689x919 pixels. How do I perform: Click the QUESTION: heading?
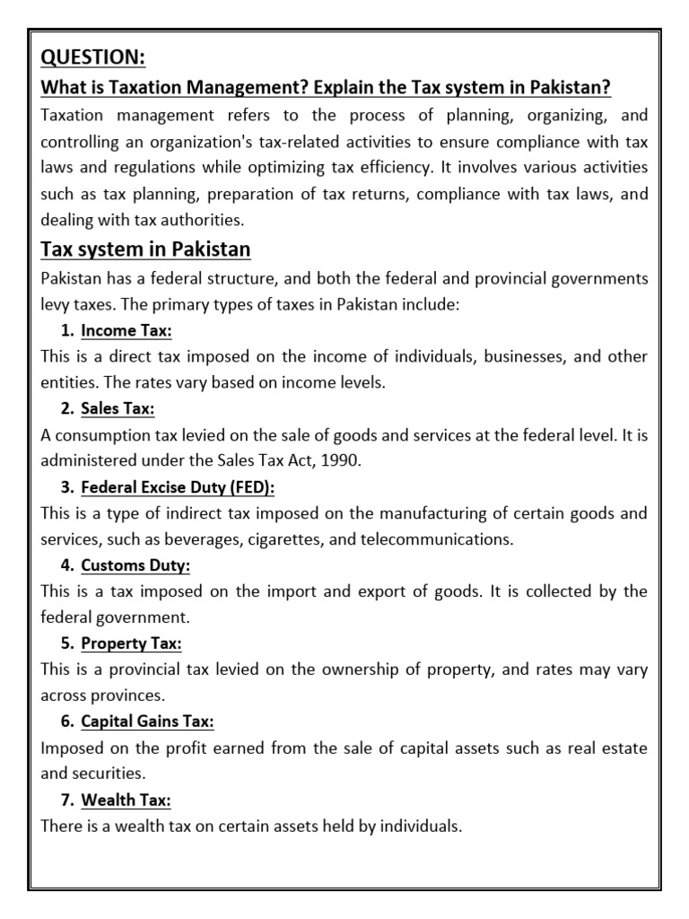coord(92,57)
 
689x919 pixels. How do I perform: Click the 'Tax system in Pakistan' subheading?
coord(145,249)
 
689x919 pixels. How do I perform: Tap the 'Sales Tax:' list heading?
coord(118,408)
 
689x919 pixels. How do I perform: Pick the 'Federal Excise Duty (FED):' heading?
coord(178,487)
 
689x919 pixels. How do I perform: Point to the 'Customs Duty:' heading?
coord(135,565)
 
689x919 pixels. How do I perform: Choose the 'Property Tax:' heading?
coord(131,643)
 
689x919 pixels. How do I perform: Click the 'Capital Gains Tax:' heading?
coord(147,722)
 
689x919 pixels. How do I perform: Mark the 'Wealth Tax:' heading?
coord(126,800)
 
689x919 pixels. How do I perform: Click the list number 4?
coord(67,565)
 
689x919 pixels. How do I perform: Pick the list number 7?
coord(67,800)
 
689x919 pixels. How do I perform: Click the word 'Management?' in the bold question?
coord(229,87)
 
